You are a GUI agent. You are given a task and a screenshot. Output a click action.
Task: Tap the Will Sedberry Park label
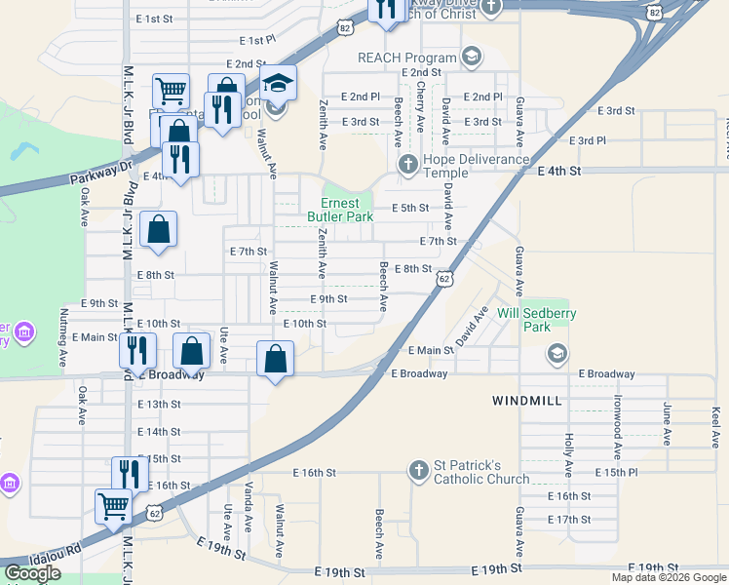(x=537, y=320)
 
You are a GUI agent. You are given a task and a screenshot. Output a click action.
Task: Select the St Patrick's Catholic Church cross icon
(x=419, y=471)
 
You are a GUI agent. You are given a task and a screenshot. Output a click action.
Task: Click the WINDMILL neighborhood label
(x=527, y=401)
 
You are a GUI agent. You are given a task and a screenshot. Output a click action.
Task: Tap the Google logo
(x=32, y=572)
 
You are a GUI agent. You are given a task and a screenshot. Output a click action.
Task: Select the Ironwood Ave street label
(x=618, y=427)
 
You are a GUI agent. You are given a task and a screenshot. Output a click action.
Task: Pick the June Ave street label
(x=668, y=424)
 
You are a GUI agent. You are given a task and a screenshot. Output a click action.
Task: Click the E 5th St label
(x=410, y=208)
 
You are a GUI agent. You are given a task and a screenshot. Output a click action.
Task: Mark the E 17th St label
(x=569, y=520)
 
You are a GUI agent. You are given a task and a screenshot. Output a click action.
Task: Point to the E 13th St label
(x=159, y=404)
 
